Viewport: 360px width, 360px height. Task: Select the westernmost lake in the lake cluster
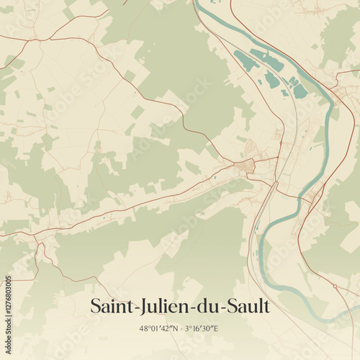[246, 61]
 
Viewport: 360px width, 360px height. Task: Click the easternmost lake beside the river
[300, 91]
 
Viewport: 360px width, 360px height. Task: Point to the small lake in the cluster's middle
[272, 78]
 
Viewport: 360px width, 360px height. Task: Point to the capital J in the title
[143, 307]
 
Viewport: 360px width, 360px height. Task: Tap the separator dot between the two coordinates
[179, 328]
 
